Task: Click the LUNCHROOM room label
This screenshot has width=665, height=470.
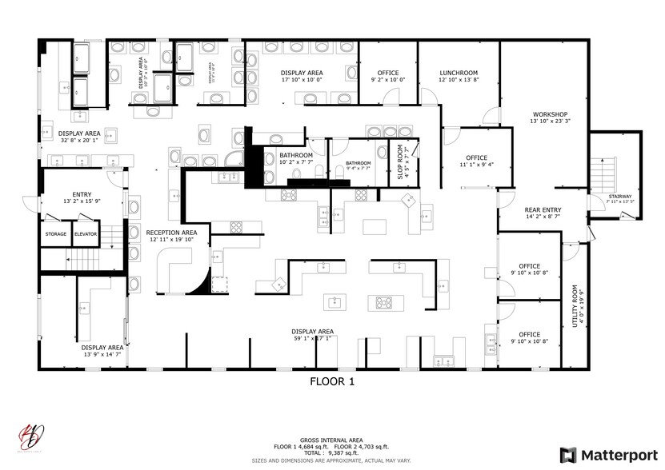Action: [458, 73]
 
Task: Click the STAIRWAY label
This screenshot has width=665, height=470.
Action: [619, 196]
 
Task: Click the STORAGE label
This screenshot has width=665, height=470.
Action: [55, 234]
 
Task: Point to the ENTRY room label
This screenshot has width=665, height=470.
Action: [82, 194]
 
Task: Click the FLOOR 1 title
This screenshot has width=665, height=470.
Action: [331, 382]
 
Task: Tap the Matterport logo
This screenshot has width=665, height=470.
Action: [608, 455]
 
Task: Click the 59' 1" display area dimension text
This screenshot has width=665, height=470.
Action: [313, 338]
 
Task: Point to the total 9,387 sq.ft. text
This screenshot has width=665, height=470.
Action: [331, 453]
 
